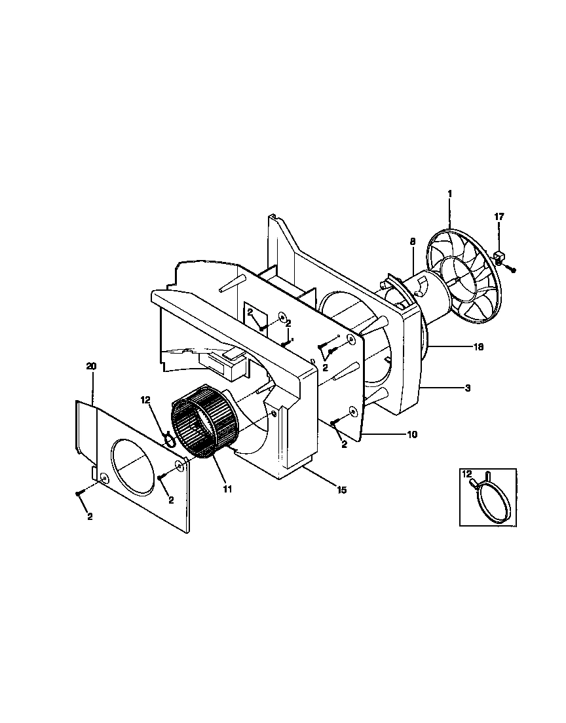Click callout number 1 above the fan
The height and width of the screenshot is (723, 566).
click(449, 195)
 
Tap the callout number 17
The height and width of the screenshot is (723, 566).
click(499, 217)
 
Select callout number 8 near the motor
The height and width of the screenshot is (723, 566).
click(412, 242)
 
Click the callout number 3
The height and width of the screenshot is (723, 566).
click(467, 389)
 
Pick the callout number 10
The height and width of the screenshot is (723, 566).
click(411, 434)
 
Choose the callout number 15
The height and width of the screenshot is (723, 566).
click(341, 489)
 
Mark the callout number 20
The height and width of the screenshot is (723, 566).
click(91, 367)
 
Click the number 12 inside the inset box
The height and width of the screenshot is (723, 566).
click(466, 473)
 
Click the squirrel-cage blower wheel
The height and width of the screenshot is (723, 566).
click(203, 419)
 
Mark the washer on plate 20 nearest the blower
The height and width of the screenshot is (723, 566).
click(179, 466)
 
